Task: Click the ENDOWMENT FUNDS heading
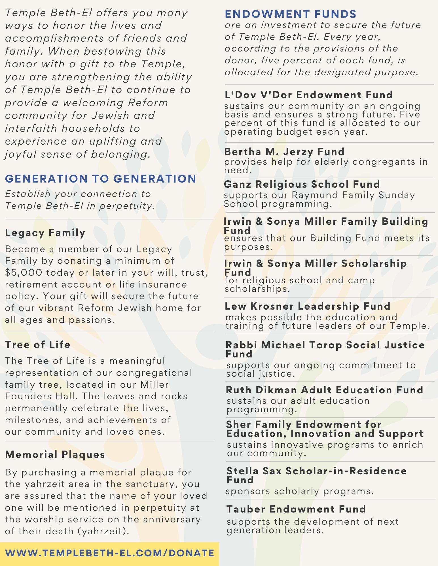click(x=290, y=14)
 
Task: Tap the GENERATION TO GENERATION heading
click(x=101, y=179)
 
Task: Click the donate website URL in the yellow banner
click(x=109, y=553)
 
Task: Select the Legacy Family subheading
click(x=45, y=233)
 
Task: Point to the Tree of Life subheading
click(x=38, y=345)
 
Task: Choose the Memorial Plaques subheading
click(x=55, y=454)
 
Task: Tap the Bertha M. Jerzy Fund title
click(x=284, y=152)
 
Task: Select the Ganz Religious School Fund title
click(x=302, y=184)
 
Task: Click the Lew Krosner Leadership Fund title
click(x=308, y=306)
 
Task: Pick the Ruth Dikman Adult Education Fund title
click(x=324, y=390)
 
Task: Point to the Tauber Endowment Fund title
click(x=296, y=509)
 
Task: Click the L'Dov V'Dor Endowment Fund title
click(x=308, y=95)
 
